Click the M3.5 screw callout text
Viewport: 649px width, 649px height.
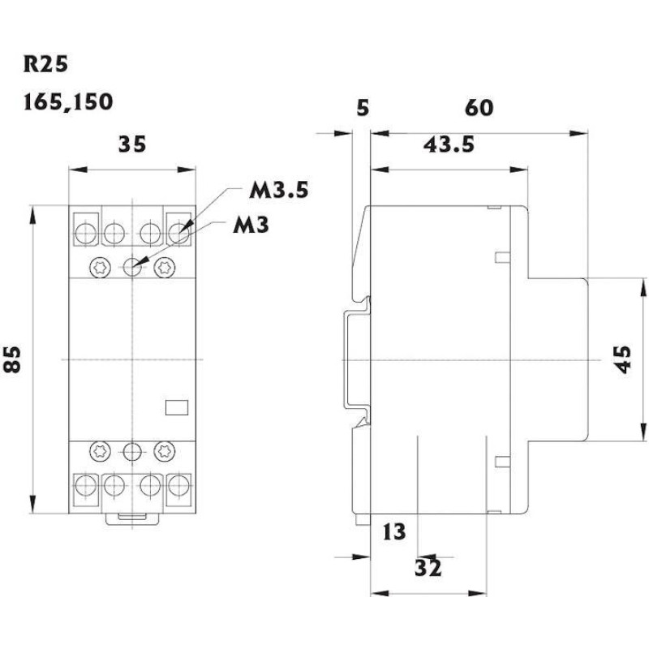278,192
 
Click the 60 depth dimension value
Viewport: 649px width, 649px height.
479,107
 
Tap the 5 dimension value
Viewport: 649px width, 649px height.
363,107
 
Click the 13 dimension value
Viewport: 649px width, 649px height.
393,532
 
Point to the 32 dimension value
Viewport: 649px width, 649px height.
428,567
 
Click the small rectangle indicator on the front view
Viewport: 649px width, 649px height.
176,407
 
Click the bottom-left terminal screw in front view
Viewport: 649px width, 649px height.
84,486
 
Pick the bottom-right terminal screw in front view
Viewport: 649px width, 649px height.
179,486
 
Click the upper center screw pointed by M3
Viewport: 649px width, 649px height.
132,266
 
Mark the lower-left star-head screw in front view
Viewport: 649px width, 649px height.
100,450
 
